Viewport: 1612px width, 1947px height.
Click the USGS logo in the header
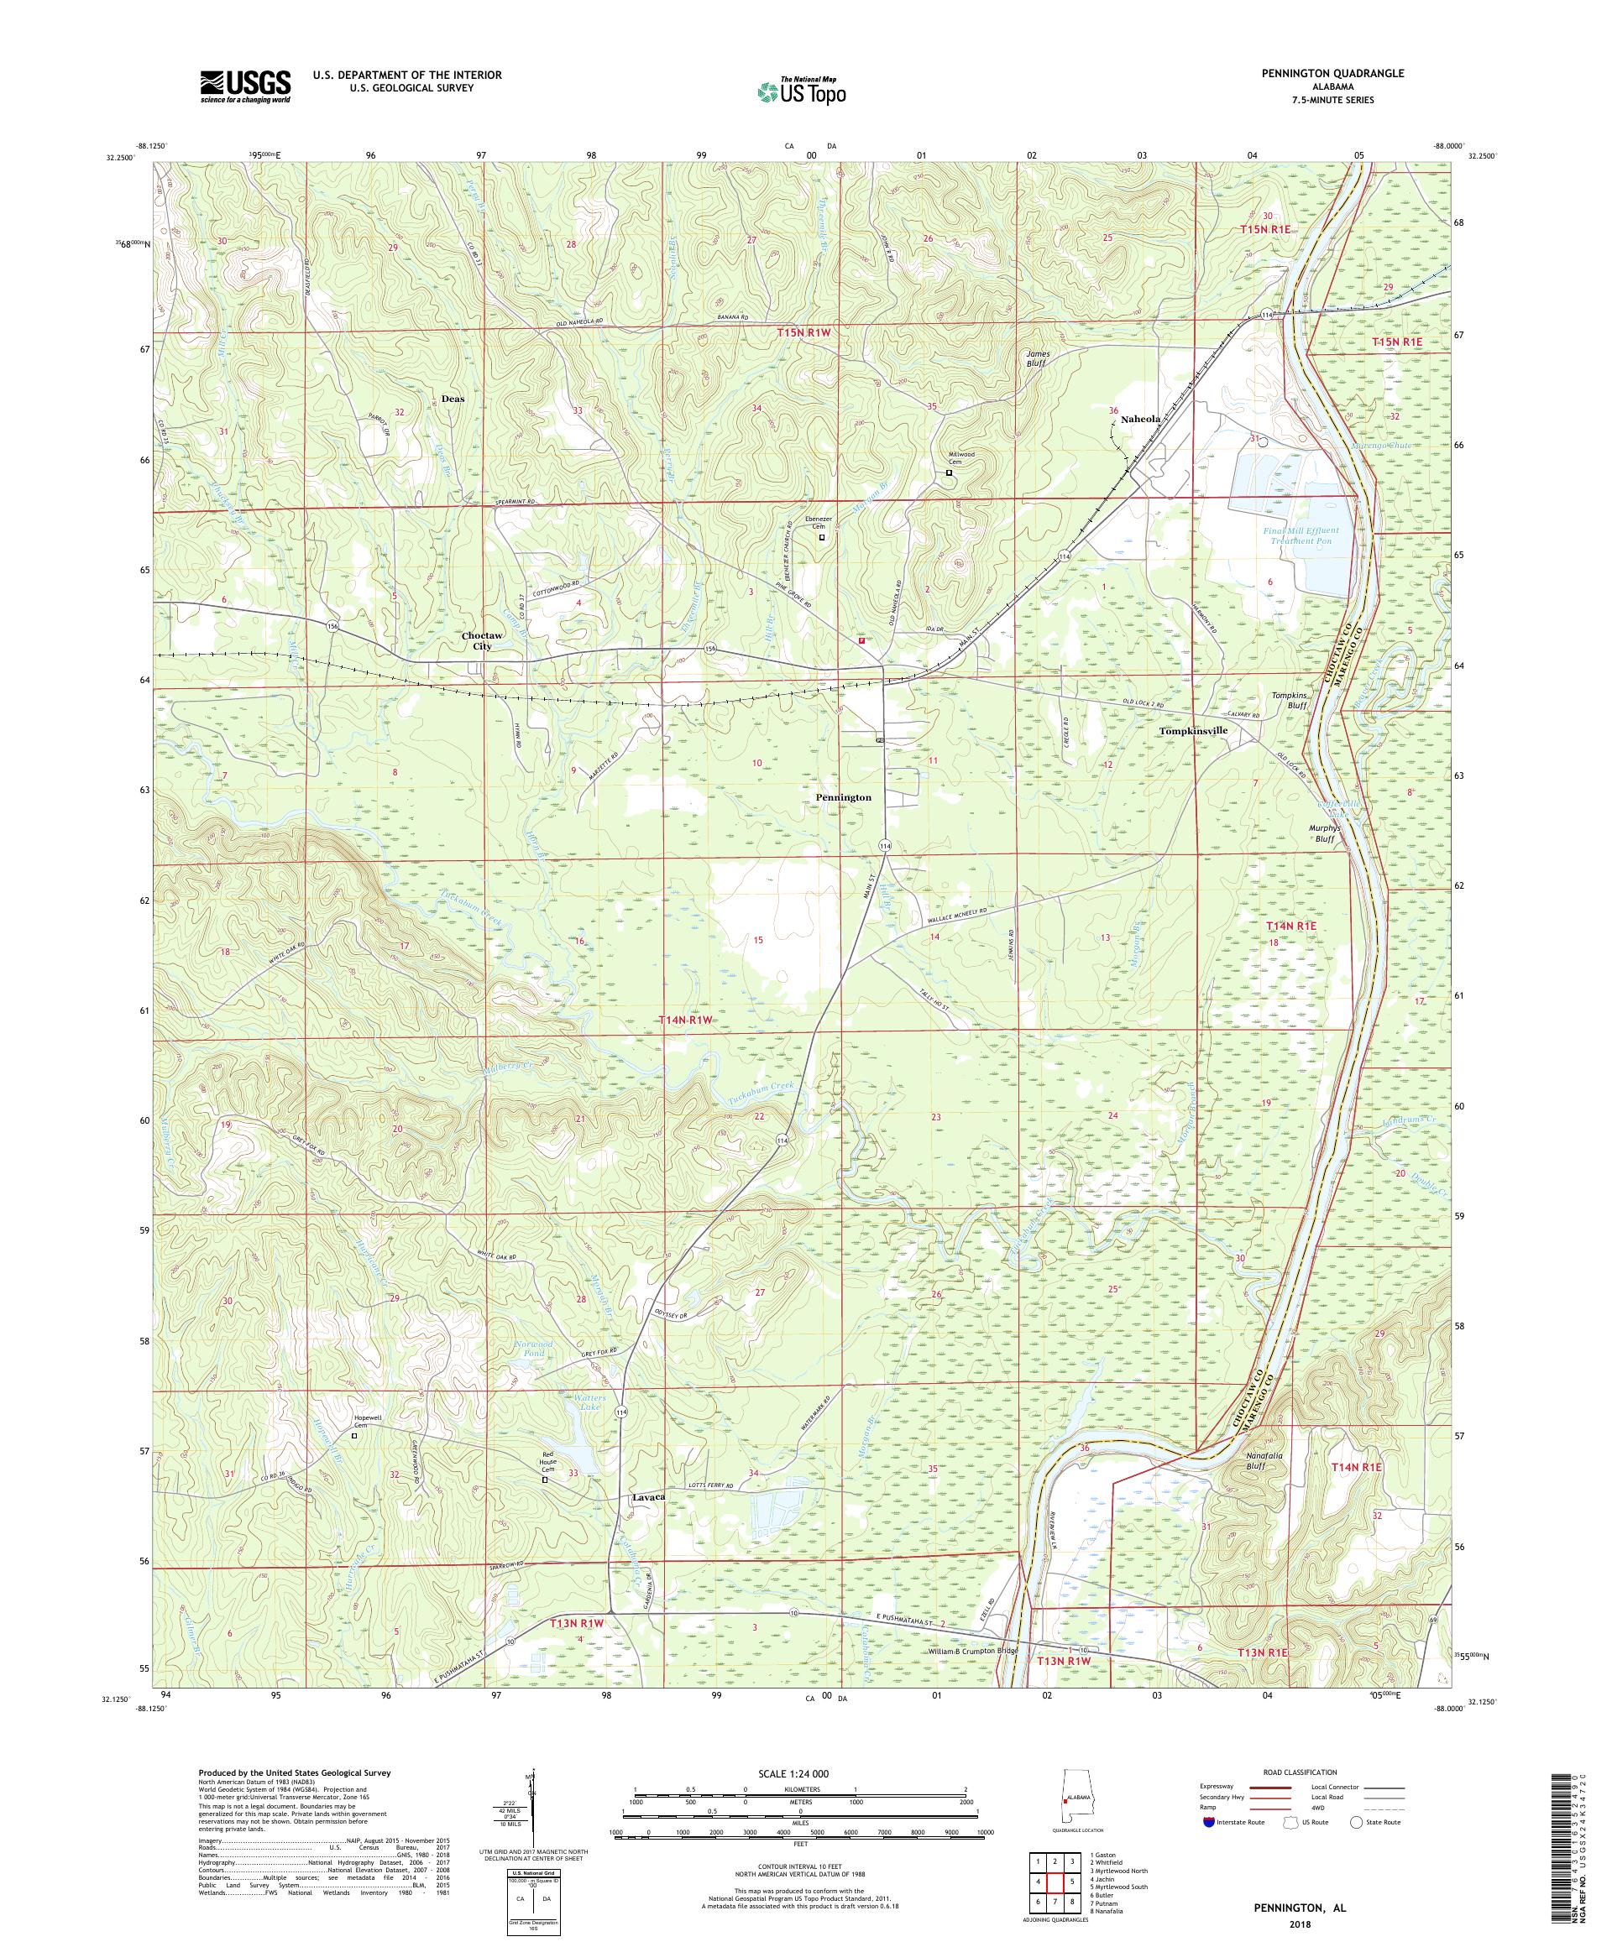pos(245,87)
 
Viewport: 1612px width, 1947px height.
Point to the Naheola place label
pos(1141,419)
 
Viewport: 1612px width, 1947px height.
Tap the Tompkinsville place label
pos(1193,731)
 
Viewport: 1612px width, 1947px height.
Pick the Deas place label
pos(453,399)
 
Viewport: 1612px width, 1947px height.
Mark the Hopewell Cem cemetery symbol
pos(354,1462)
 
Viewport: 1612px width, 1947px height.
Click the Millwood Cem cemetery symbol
pos(948,472)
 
